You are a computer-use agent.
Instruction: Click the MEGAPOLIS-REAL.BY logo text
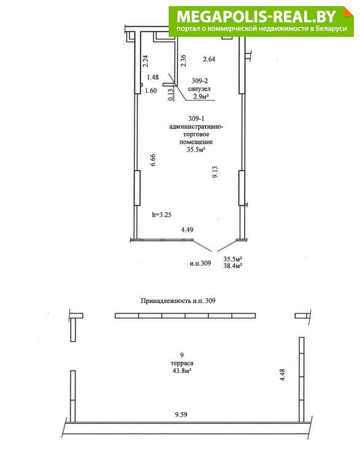(256, 17)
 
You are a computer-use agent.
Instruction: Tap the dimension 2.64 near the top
(209, 59)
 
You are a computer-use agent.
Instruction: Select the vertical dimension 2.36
(183, 61)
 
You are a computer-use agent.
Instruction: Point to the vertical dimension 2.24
(145, 61)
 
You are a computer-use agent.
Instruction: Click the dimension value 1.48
(153, 77)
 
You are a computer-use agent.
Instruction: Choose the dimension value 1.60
(151, 91)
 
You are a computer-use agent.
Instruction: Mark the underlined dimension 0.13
(171, 94)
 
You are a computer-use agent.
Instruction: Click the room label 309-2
(199, 81)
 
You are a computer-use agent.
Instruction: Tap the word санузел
(199, 88)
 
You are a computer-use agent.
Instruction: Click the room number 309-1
(196, 118)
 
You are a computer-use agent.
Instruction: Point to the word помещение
(196, 142)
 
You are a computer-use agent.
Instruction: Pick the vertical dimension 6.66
(153, 160)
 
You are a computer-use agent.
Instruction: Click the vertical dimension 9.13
(215, 172)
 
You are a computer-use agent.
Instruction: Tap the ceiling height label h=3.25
(162, 215)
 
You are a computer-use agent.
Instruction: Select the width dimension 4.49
(187, 230)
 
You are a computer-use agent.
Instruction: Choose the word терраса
(182, 363)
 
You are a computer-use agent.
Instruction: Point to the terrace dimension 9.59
(181, 415)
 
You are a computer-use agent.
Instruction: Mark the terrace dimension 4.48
(283, 375)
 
